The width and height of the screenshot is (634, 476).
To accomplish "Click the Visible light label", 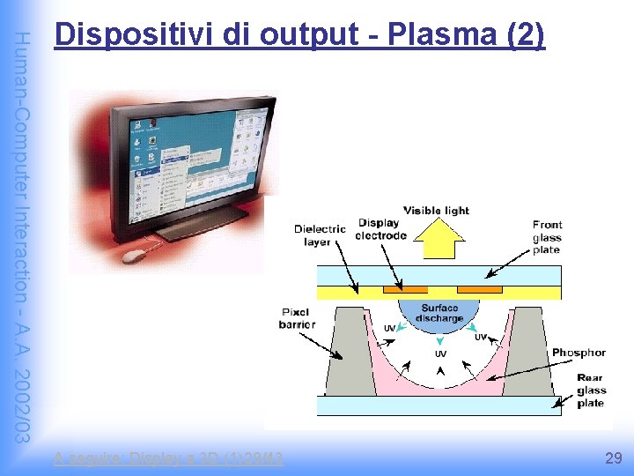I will [x=436, y=211].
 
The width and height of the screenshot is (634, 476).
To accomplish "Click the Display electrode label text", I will [x=380, y=229].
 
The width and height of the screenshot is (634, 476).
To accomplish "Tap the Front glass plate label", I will [x=547, y=237].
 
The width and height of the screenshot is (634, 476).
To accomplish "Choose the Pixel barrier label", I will [x=297, y=318].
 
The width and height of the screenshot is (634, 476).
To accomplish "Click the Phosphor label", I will [x=579, y=353].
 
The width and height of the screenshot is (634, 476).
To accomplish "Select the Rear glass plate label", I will [x=590, y=390].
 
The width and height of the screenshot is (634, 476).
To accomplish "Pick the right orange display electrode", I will [x=481, y=289].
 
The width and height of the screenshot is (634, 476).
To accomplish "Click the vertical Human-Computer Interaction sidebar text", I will [x=24, y=238].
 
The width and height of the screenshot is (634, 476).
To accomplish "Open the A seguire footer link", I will [x=168, y=458].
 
